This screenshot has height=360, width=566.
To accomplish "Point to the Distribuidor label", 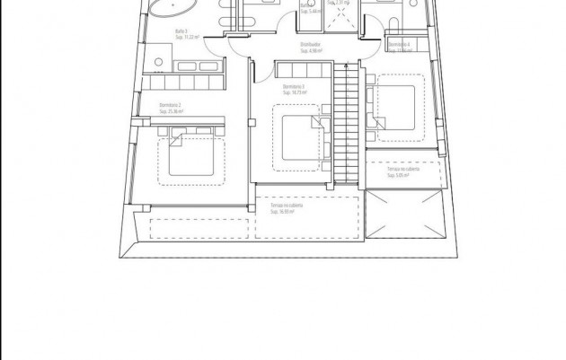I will (x=311, y=45).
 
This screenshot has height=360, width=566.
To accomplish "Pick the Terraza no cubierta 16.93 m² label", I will (x=287, y=206).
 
